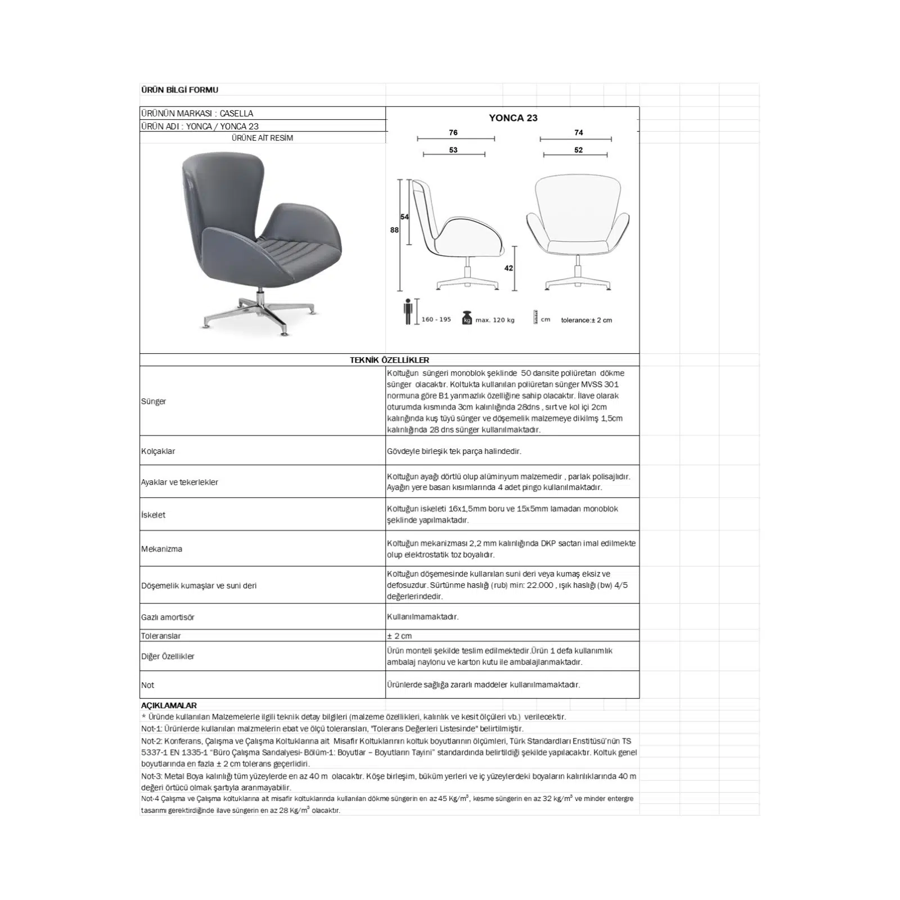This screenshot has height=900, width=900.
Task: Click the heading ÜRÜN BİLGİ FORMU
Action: pyautogui.click(x=179, y=90)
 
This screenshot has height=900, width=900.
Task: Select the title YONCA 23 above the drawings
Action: pyautogui.click(x=513, y=118)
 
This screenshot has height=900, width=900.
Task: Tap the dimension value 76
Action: pyautogui.click(x=453, y=133)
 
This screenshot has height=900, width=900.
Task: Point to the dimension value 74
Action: pyautogui.click(x=579, y=133)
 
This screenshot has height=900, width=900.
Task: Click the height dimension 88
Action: pyautogui.click(x=394, y=230)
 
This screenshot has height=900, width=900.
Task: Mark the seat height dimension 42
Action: pyautogui.click(x=508, y=268)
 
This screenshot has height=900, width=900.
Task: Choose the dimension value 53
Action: pyautogui.click(x=453, y=150)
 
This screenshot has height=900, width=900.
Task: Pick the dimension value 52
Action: pyautogui.click(x=579, y=150)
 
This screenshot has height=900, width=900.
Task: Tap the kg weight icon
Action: pyautogui.click(x=466, y=318)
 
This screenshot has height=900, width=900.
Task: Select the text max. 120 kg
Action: pyautogui.click(x=495, y=320)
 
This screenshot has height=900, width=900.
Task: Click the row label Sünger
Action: pyautogui.click(x=154, y=402)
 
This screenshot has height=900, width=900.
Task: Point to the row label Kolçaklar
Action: pyautogui.click(x=158, y=451)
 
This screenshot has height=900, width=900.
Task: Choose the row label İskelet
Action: pyautogui.click(x=154, y=515)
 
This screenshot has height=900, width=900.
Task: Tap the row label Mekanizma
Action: pyautogui.click(x=161, y=549)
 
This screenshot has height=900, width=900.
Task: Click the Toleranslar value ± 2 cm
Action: pyautogui.click(x=399, y=636)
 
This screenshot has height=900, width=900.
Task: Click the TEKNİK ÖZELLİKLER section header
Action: pyautogui.click(x=389, y=360)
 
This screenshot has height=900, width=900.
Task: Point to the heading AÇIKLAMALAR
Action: pyautogui.click(x=169, y=705)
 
